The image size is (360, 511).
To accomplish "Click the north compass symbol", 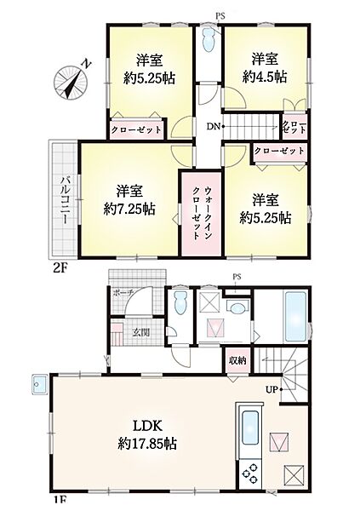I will (x=71, y=82).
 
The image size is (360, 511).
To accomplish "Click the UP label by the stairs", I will (x=272, y=389).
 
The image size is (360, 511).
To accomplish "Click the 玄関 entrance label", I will (x=140, y=331).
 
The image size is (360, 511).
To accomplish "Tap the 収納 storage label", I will (x=237, y=361).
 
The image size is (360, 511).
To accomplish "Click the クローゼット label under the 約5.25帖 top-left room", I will (x=136, y=130).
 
